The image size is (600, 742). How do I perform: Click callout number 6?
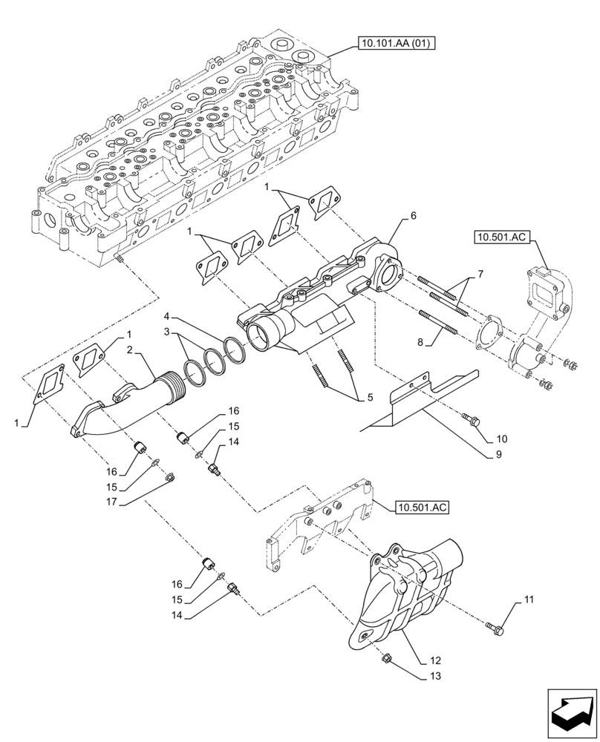click(413, 216)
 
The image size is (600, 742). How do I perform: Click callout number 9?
click(489, 454)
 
